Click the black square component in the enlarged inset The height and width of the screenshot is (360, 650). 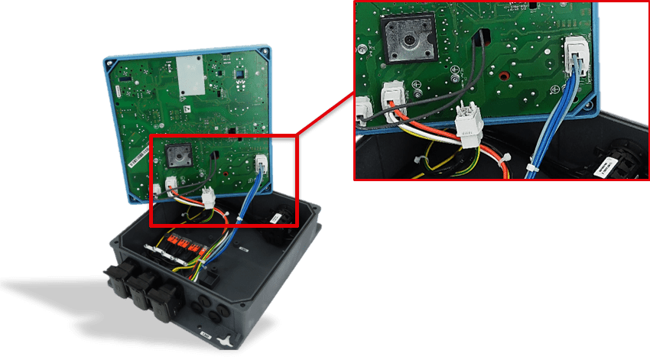pos(405,37)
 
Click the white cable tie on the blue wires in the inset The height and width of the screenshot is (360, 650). pos(531,167)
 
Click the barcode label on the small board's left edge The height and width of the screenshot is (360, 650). pos(138,157)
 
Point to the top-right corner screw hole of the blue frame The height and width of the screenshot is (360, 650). pos(264,54)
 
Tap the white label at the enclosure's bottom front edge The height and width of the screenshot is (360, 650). pos(206,334)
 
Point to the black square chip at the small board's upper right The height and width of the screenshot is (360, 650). pos(239,74)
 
